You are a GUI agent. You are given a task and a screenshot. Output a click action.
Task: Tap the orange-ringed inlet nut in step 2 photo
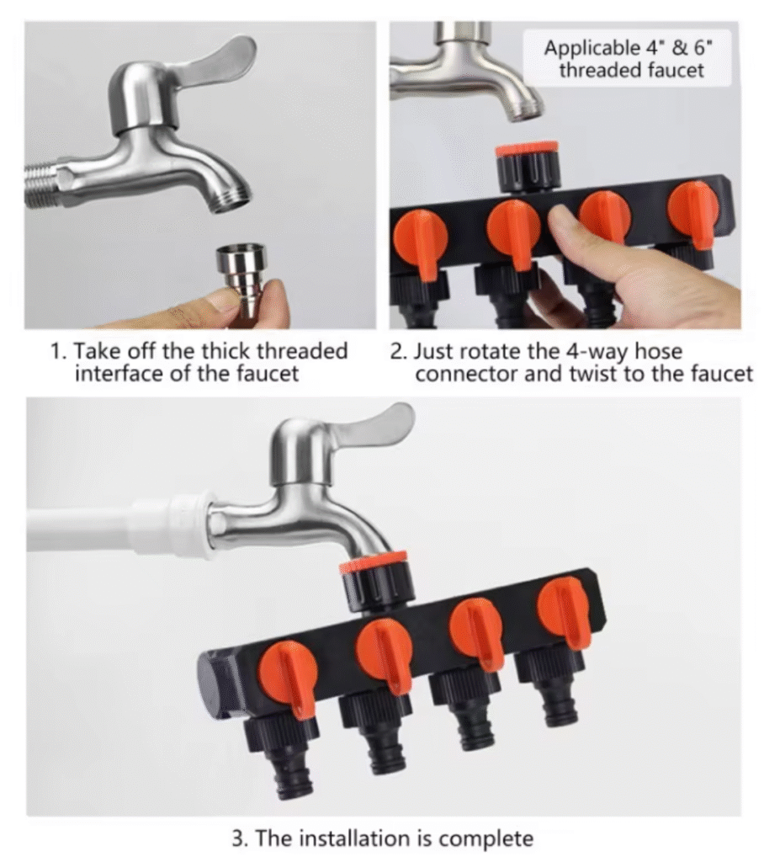pyautogui.click(x=527, y=166)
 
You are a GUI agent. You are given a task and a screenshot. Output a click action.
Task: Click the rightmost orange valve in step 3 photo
pyautogui.click(x=565, y=613)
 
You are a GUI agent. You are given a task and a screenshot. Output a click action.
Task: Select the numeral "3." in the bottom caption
pyautogui.click(x=240, y=839)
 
